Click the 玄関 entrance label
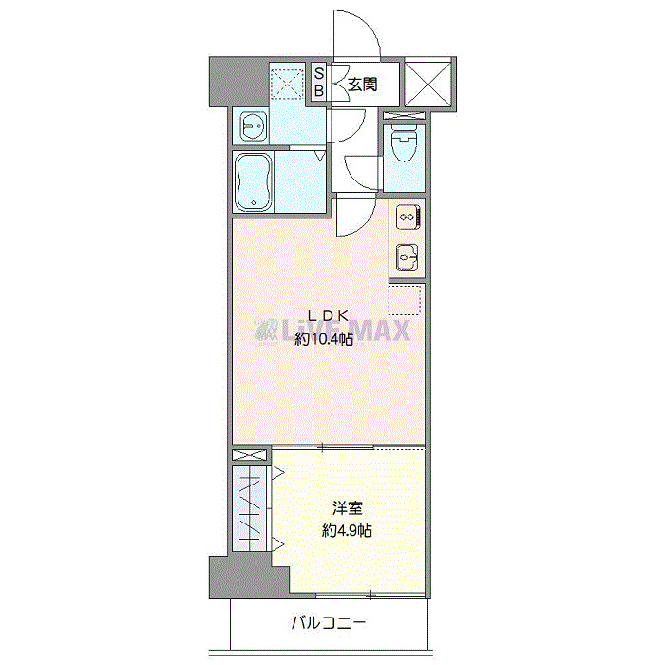[360, 84]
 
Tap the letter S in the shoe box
[319, 73]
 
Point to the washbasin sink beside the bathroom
[252, 124]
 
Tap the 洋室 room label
[346, 508]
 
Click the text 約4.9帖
[346, 531]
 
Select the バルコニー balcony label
[328, 624]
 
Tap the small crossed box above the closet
[251, 457]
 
